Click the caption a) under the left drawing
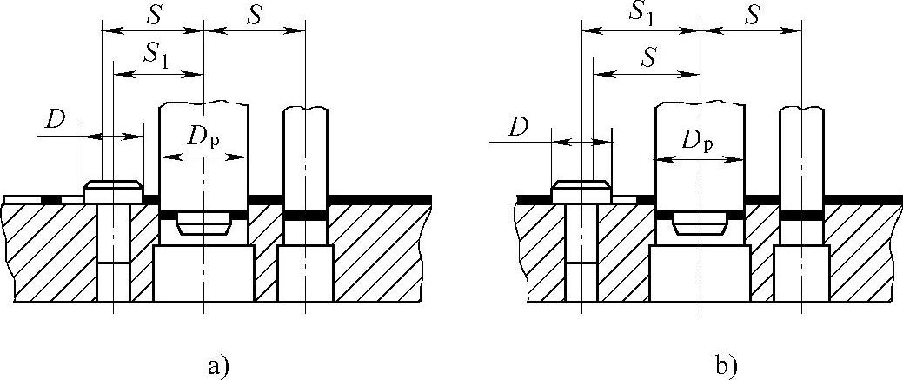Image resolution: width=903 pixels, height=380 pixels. tap(218, 365)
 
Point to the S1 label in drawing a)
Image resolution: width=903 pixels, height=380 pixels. tap(156, 57)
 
